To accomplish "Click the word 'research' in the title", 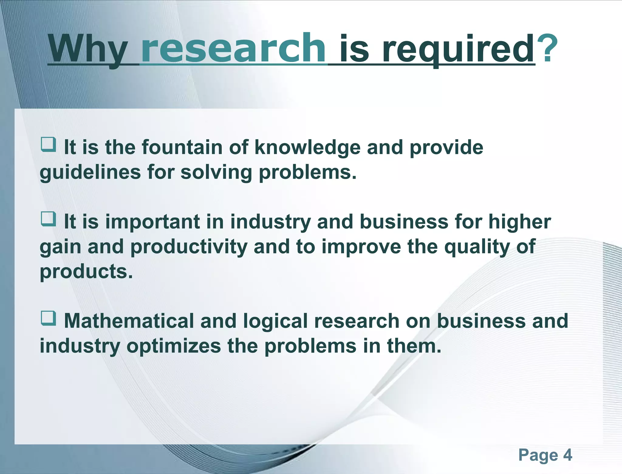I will (x=233, y=49).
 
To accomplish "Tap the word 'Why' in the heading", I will (x=88, y=49).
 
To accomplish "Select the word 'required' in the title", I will (x=458, y=49).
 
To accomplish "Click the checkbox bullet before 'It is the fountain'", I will (x=49, y=144).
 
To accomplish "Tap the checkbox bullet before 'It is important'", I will (x=49, y=219).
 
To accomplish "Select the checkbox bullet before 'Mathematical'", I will (x=49, y=318).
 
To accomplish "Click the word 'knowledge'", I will (x=307, y=147).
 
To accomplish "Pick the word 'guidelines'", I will (x=90, y=172).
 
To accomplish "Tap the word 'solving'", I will (x=216, y=172).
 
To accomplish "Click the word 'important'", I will (x=152, y=222).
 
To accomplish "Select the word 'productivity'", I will (x=189, y=247).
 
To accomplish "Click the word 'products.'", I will (x=86, y=272).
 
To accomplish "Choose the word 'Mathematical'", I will (x=129, y=321).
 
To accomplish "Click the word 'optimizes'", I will (x=174, y=346).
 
